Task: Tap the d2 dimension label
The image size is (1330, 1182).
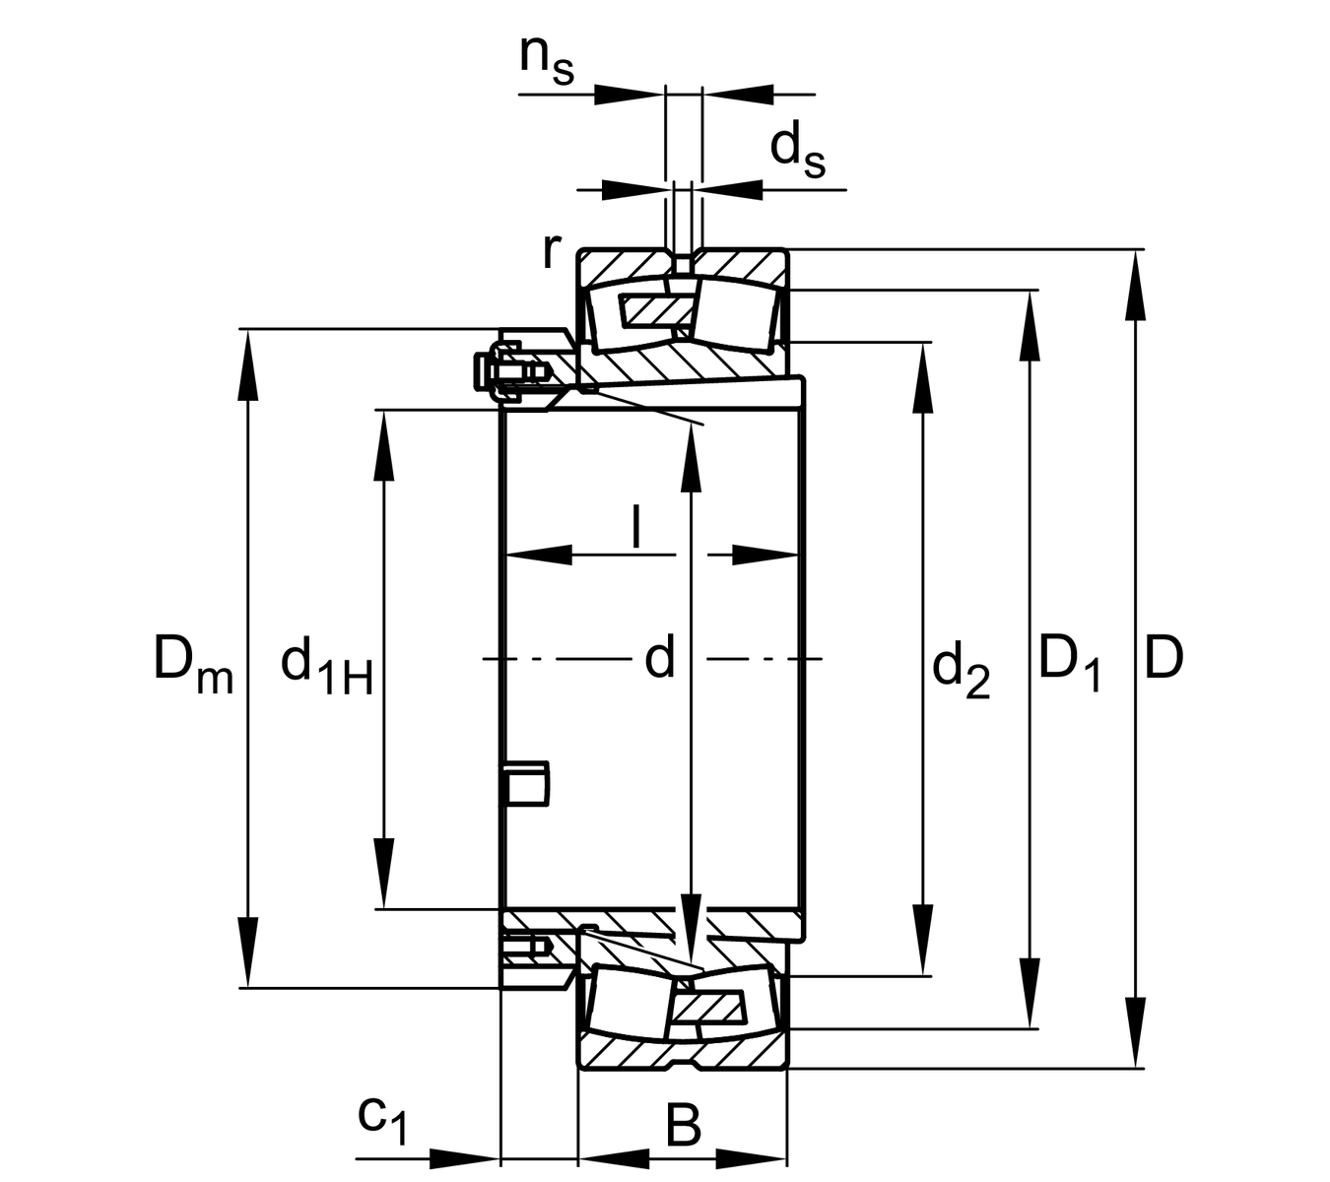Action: (x=961, y=670)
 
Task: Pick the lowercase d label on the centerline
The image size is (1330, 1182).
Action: (x=659, y=658)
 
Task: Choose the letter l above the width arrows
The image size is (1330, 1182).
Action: (x=636, y=527)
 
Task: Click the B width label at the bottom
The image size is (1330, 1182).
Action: (x=683, y=1125)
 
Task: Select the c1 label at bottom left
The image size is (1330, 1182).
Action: (x=381, y=1118)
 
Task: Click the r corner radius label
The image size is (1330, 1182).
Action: (x=552, y=250)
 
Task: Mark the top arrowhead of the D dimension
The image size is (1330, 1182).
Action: (x=1136, y=286)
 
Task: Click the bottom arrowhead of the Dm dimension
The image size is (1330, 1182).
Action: (x=247, y=952)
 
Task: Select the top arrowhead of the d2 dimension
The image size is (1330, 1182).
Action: (x=923, y=378)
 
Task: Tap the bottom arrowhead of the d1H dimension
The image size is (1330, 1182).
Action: (x=384, y=873)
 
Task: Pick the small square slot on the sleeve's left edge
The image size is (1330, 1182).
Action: (x=526, y=782)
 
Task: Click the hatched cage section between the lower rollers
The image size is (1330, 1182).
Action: (x=707, y=1009)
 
